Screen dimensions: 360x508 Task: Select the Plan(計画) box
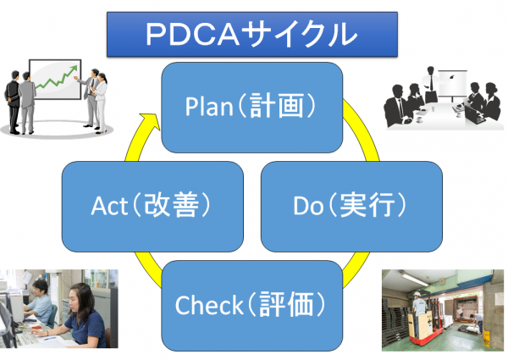click(x=251, y=106)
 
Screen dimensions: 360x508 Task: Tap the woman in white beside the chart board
click(x=100, y=100)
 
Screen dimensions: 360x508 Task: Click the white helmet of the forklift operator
click(x=419, y=294)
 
